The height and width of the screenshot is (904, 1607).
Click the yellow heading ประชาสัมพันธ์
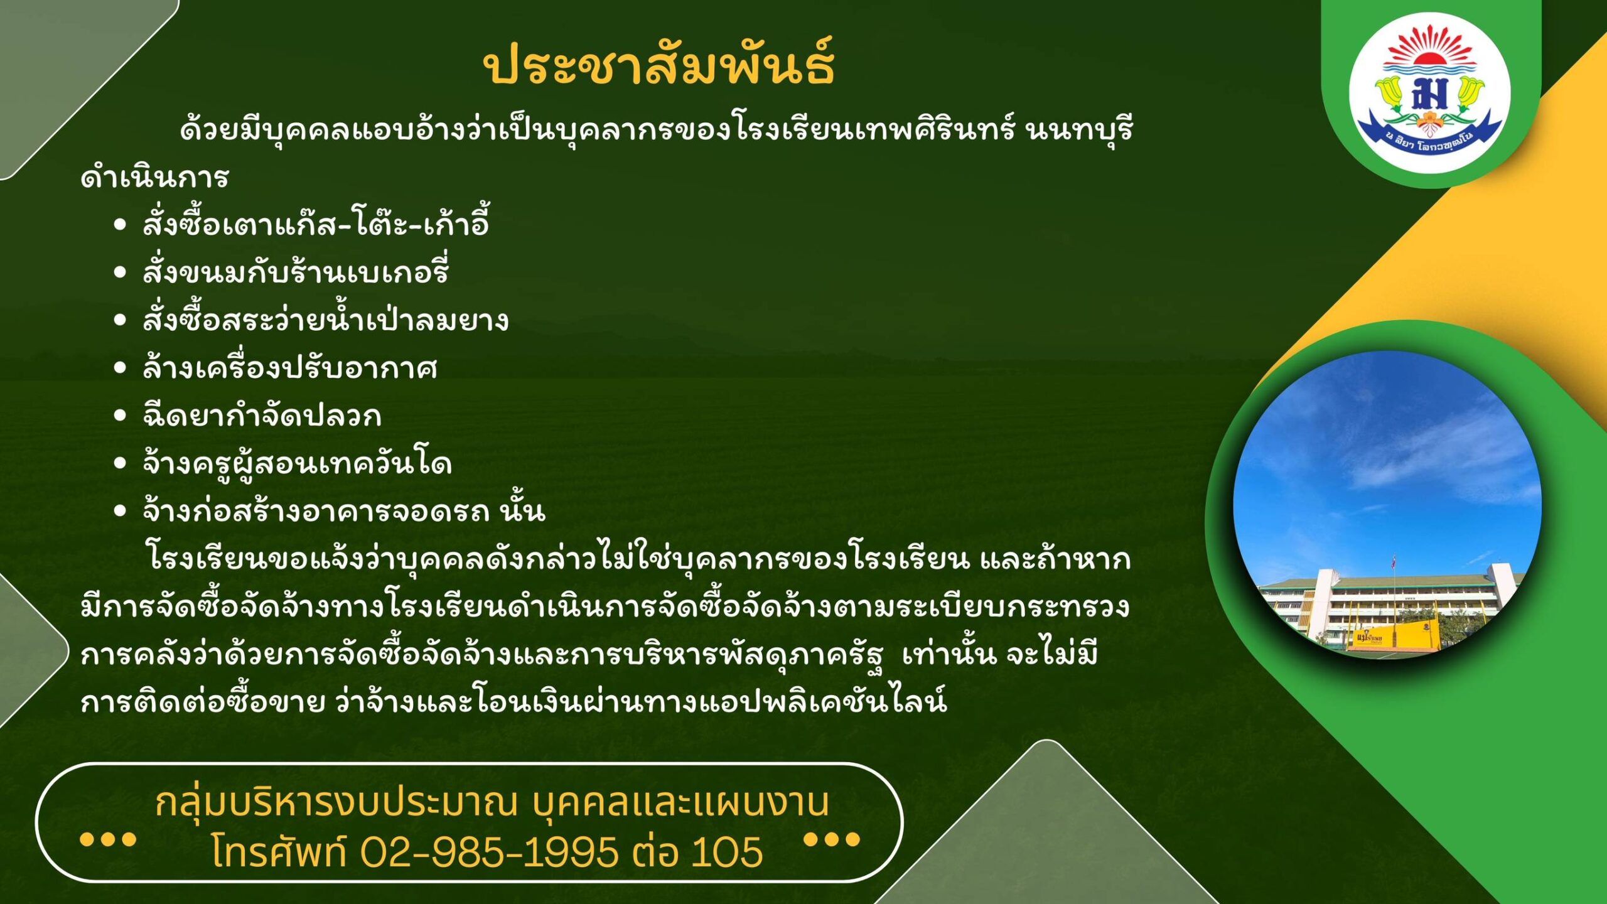coord(658,63)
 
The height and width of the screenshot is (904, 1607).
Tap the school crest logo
coord(1430,93)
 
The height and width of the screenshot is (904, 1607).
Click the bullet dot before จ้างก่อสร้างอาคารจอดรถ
coord(121,511)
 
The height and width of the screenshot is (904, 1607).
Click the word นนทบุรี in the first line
coord(1079,129)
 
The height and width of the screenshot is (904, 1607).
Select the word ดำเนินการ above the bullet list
coord(154,177)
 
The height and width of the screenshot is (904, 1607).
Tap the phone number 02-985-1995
coord(490,852)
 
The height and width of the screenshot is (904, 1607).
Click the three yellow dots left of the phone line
coord(108,839)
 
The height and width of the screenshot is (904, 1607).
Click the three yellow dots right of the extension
coord(832,839)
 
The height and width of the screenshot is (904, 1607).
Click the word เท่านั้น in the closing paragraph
coord(949,654)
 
